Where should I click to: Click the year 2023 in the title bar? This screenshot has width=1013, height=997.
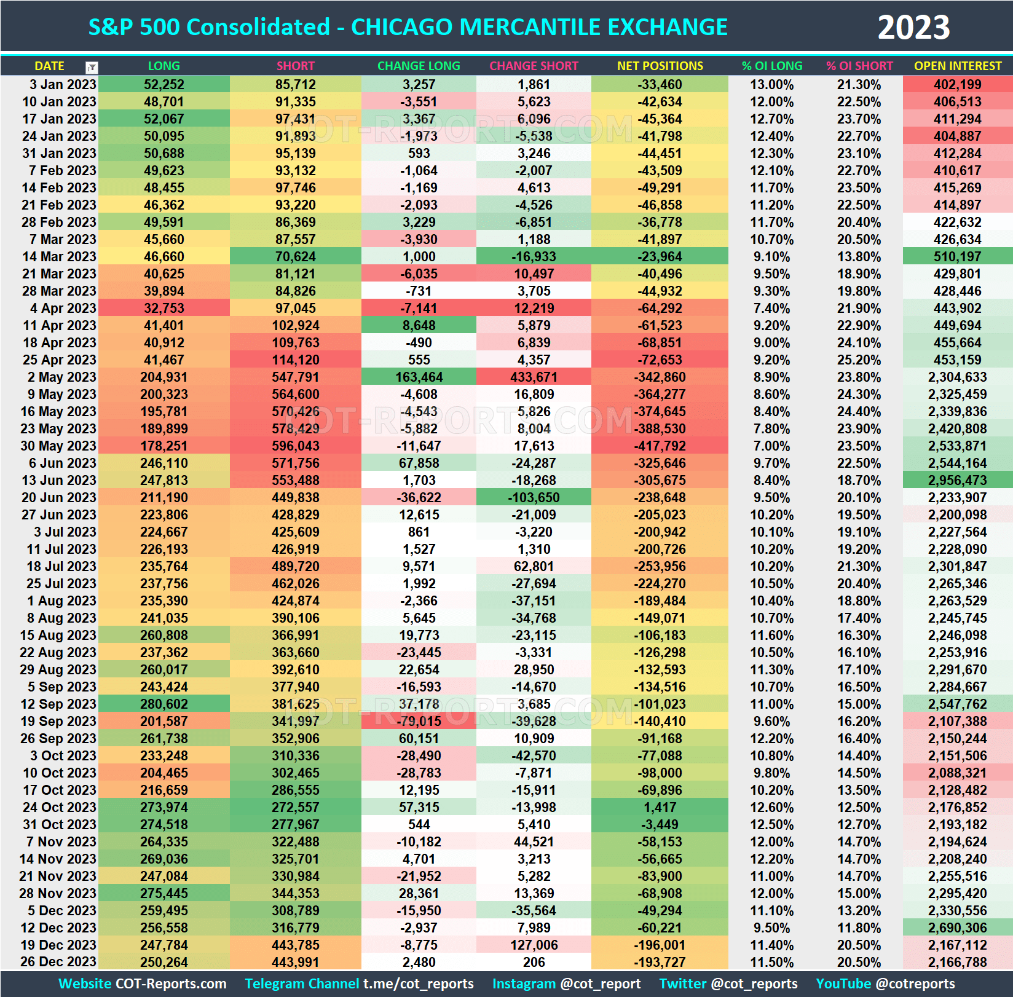913,28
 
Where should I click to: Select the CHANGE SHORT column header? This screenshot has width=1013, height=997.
534,66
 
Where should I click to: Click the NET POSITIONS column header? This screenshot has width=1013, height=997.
660,66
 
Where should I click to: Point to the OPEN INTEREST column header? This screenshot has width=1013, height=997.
958,66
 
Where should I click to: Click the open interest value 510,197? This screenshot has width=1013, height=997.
958,256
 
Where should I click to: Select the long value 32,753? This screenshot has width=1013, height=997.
164,308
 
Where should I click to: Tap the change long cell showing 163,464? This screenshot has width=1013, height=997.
419,377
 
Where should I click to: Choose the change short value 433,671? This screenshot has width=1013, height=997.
534,377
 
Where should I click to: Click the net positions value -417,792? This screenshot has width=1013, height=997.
660,446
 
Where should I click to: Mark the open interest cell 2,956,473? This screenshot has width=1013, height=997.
958,480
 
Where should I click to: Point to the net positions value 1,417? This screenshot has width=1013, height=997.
660,807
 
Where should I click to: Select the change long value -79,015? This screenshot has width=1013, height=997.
419,721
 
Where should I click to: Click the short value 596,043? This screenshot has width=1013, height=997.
296,446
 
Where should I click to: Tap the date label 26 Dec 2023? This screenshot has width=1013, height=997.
58,962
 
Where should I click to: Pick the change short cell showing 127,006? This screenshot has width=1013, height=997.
534,945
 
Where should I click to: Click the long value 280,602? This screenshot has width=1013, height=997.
164,704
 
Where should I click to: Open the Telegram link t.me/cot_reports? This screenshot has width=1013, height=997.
418,983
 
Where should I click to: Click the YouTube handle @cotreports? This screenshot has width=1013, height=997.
915,983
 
